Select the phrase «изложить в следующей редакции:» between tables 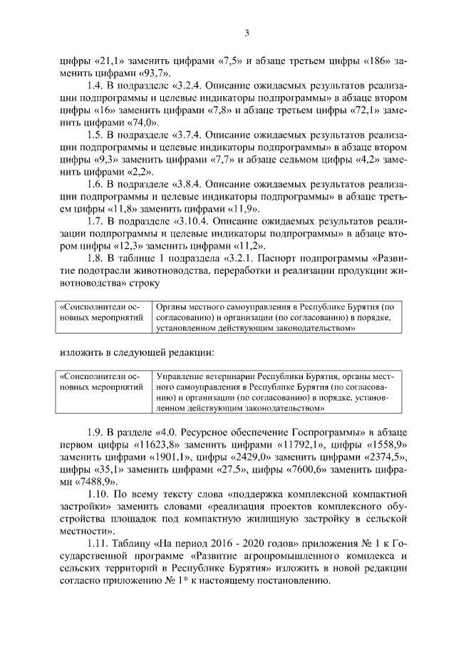tap(136, 351)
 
